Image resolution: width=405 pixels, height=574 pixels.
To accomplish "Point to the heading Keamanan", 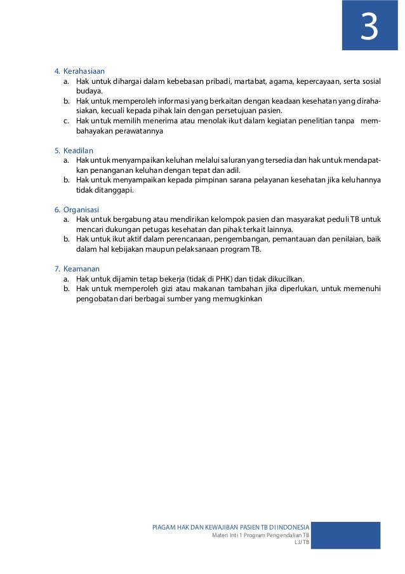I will tap(81, 269).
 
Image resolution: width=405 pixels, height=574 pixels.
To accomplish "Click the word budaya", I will tap(89, 92).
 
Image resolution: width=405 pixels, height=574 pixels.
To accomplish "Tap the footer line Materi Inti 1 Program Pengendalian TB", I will tap(260, 535).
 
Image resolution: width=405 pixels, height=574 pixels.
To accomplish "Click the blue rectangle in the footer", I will tap(345, 535).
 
